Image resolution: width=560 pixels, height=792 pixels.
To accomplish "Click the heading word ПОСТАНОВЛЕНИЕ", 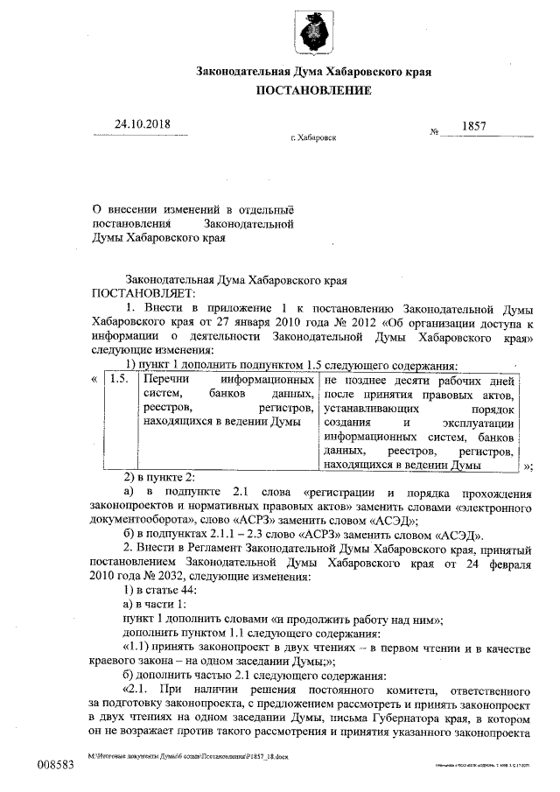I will [x=314, y=90].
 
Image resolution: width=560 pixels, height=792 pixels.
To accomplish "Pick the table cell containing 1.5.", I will [x=120, y=382].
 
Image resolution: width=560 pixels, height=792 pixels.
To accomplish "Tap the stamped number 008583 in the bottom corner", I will [x=54, y=764].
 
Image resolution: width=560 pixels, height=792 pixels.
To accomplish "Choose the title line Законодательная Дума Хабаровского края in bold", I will [x=314, y=70].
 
